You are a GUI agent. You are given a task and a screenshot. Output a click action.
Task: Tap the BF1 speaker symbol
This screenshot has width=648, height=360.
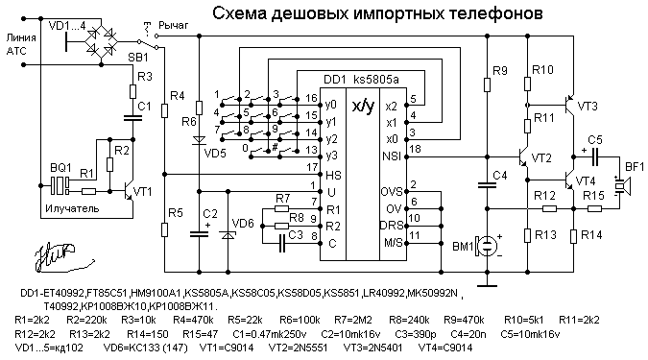tap(621, 186)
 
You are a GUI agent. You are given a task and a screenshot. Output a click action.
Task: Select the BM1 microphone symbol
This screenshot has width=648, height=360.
tap(485, 245)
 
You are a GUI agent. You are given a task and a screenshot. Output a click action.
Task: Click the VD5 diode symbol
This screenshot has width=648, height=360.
tap(199, 140)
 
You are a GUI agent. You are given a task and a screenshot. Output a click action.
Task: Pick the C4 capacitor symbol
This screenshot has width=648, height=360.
tap(488, 184)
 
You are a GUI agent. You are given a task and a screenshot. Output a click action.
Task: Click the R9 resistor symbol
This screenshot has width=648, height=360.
tap(488, 85)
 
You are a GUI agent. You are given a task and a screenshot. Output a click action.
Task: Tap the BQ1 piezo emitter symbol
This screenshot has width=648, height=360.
tap(60, 186)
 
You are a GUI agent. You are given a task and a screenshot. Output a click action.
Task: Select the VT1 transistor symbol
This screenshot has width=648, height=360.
tap(130, 191)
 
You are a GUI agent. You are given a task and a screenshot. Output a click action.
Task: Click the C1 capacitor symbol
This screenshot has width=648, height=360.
tap(132, 118)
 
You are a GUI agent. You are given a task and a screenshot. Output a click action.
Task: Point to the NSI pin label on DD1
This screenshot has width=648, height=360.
tap(392, 156)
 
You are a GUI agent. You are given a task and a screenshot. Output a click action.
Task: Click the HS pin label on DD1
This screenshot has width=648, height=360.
tap(333, 176)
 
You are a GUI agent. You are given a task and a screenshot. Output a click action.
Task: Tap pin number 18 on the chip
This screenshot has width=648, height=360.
tap(415, 149)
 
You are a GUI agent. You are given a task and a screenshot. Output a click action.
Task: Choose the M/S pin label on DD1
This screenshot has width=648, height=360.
tap(393, 243)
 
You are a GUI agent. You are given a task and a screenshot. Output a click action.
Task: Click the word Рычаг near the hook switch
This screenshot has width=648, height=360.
tap(174, 26)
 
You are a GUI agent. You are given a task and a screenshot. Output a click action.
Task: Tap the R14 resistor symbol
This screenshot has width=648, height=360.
tap(573, 236)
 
